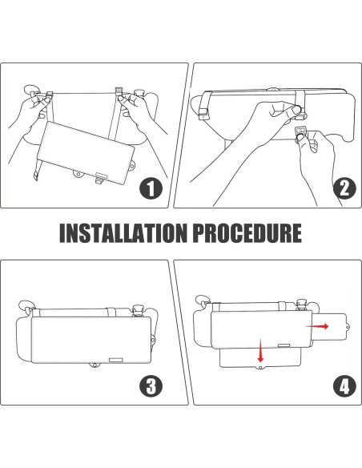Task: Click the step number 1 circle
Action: pyautogui.click(x=151, y=188)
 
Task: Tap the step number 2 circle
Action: pyautogui.click(x=344, y=188)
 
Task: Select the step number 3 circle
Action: pyautogui.click(x=151, y=385)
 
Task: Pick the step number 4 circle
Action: pyautogui.click(x=344, y=387)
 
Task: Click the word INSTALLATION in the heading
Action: pyautogui.click(x=123, y=233)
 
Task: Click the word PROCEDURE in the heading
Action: pyautogui.click(x=247, y=233)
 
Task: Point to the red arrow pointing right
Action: pyautogui.click(x=317, y=326)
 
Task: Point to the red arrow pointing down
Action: pyautogui.click(x=261, y=350)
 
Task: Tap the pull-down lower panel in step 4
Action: pyautogui.click(x=259, y=358)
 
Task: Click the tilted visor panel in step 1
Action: pyautogui.click(x=86, y=152)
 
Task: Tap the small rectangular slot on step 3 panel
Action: pyautogui.click(x=115, y=360)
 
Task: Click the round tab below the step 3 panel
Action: pyautogui.click(x=95, y=365)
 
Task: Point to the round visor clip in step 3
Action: pyautogui.click(x=26, y=306)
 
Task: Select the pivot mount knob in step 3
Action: pyautogui.click(x=138, y=310)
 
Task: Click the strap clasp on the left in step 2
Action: pyautogui.click(x=203, y=113)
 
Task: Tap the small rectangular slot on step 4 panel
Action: pyautogui.click(x=284, y=345)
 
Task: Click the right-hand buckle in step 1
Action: pyautogui.click(x=119, y=91)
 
